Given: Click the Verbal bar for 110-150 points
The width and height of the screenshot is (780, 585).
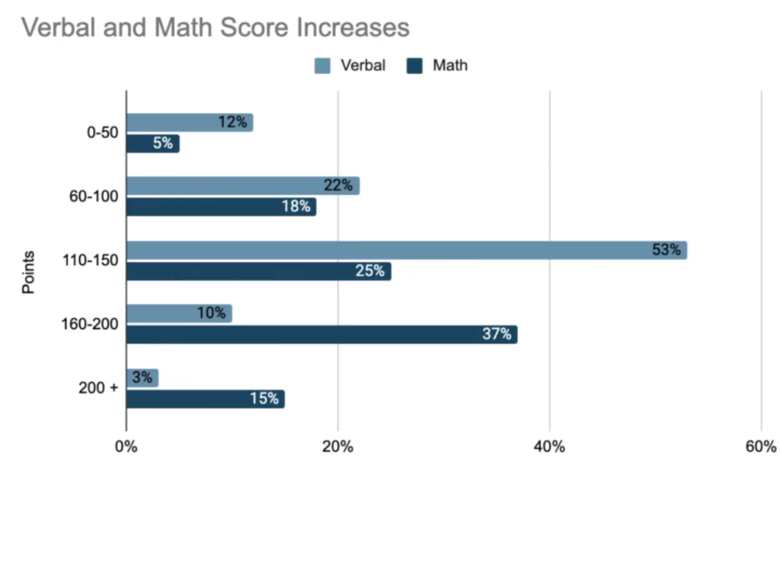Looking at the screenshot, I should point(406,251).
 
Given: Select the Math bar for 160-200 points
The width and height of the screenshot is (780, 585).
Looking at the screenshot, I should point(321,334).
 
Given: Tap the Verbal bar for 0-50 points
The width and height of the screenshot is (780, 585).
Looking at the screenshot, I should point(189,123).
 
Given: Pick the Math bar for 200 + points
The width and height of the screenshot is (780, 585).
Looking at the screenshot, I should point(205,398).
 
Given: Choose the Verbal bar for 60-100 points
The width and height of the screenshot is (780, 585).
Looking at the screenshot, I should point(242,186).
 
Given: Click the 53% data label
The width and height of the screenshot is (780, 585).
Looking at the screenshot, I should point(667,250).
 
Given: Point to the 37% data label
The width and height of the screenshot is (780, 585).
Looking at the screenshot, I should point(497,334).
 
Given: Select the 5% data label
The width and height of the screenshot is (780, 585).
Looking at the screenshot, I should point(163,143).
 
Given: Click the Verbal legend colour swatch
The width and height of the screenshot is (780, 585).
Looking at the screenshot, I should point(322,66).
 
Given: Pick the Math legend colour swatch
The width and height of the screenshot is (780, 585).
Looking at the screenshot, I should point(414,66).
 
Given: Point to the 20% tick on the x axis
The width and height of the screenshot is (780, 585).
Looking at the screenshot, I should point(337,447).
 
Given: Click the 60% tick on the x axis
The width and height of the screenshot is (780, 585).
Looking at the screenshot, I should point(760,447).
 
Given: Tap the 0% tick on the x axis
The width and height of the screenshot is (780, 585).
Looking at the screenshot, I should point(126,447).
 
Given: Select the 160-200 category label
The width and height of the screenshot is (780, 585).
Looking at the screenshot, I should point(91,324).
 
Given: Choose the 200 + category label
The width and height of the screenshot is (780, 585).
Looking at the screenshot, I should point(98,388).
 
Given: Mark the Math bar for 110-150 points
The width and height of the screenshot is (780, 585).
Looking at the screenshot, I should point(258,271).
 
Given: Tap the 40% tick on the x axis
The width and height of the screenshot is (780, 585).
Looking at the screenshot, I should point(549,447).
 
